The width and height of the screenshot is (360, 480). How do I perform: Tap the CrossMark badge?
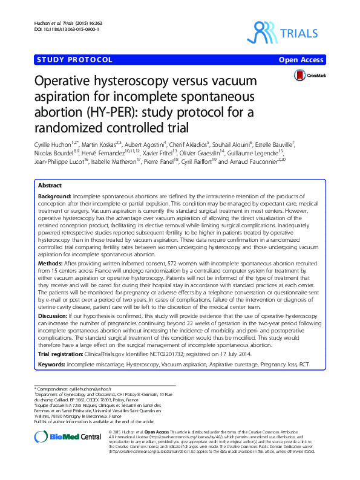pos(309,75)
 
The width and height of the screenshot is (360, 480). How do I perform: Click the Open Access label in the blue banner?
pos(301,60)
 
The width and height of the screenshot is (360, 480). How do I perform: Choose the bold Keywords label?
pos(51,365)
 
